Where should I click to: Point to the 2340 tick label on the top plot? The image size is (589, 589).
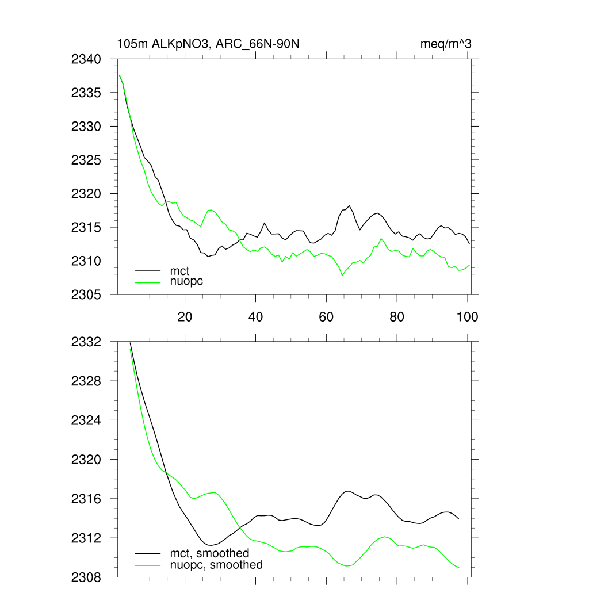86,59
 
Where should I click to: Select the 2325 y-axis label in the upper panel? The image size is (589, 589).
86,160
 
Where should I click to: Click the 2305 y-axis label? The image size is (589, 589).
86,294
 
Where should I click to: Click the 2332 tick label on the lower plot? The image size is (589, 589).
86,342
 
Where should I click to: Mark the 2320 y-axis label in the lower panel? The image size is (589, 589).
86,460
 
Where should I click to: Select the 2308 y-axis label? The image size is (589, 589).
86,577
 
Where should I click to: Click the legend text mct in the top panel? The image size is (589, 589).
179,270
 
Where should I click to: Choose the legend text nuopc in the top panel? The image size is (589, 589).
186,281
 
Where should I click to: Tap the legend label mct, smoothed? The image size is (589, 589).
209,553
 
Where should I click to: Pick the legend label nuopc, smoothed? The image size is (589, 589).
216,565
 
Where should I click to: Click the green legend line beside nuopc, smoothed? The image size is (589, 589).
148,565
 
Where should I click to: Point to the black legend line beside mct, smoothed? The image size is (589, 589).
148,553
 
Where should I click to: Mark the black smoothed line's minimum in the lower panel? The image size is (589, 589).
211,545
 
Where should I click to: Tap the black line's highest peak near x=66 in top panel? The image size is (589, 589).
349,206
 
